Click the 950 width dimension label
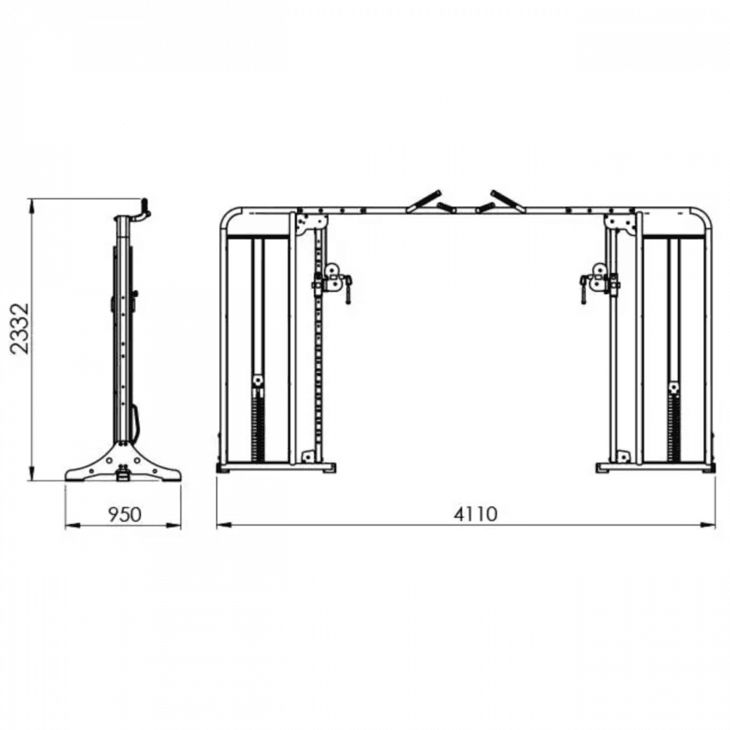pyautogui.click(x=124, y=514)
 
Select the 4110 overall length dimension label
pyautogui.click(x=476, y=514)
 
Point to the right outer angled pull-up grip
pyautogui.click(x=508, y=201)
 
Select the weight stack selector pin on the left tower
pyautogui.click(x=258, y=382)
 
